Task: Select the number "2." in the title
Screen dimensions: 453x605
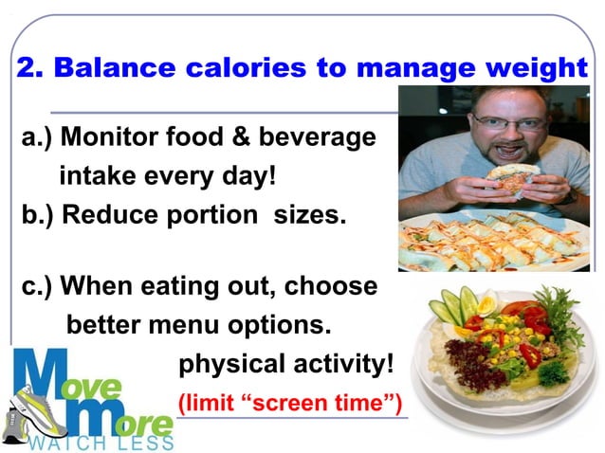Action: tap(30, 68)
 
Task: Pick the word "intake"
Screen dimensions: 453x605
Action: tap(96, 176)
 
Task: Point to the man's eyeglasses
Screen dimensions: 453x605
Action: tap(509, 122)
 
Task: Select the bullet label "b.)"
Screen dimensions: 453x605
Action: tap(37, 215)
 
